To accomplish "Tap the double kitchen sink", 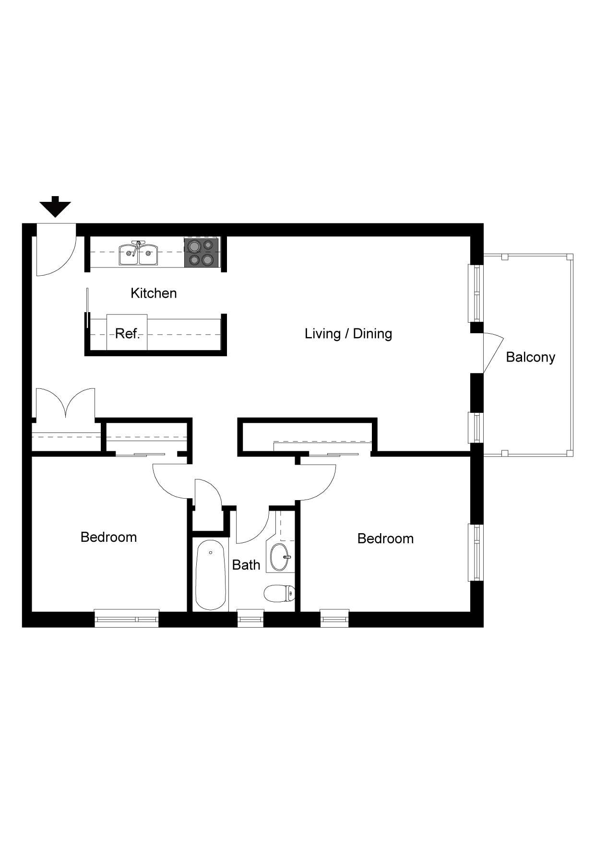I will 138,254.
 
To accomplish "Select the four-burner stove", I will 202,253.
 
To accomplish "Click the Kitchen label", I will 154,293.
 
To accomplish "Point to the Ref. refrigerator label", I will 127,333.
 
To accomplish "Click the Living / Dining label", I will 348,333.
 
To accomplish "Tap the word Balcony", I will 530,357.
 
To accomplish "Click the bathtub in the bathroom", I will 211,574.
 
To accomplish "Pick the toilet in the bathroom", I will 279,594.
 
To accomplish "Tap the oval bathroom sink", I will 280,557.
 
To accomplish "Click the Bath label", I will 246,565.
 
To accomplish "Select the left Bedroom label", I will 108,537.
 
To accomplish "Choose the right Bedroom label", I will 385,538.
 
